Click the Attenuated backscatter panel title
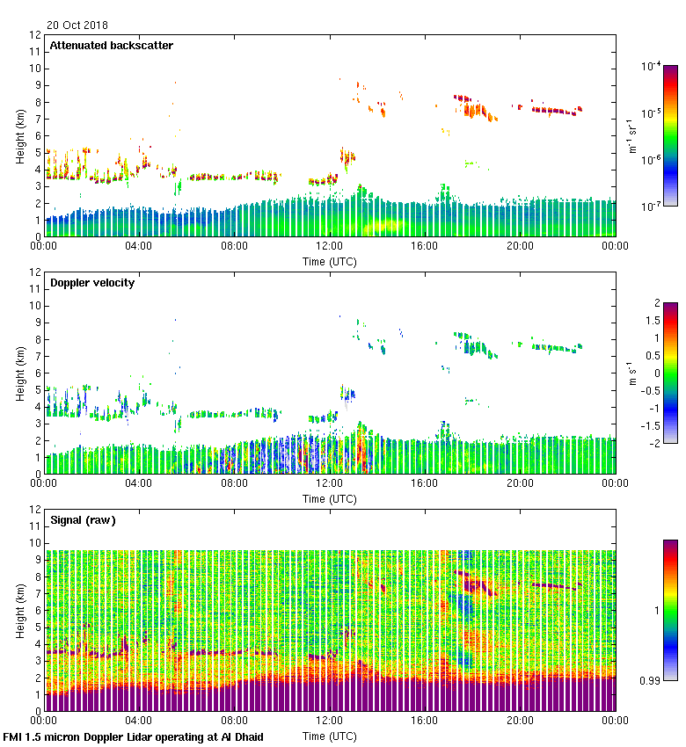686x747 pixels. tap(111, 46)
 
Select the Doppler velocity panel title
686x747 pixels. tap(92, 283)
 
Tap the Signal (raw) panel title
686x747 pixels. tap(83, 520)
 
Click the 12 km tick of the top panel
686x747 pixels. tap(35, 35)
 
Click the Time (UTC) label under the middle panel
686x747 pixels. tap(330, 498)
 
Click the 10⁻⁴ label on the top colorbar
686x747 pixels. tap(651, 66)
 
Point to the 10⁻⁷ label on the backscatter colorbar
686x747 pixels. tap(651, 206)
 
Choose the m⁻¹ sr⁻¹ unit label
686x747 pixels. tap(632, 136)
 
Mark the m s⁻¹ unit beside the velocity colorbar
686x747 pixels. tap(632, 373)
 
